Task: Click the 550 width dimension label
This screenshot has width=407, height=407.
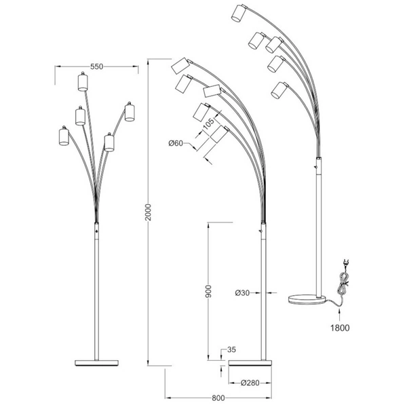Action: pos(96,66)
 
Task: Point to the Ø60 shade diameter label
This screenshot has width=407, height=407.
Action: pos(176,143)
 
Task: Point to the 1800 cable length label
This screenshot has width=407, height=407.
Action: pos(341,327)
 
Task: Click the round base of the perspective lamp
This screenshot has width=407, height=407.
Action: pos(309,298)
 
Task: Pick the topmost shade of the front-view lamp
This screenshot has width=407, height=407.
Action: pos(83,82)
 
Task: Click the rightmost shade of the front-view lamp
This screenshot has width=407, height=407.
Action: pos(130,112)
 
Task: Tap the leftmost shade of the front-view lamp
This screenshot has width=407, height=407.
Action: pos(64,136)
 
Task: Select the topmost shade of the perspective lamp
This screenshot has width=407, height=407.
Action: pos(237,14)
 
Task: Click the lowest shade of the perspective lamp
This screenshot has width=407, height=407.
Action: pos(277,90)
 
